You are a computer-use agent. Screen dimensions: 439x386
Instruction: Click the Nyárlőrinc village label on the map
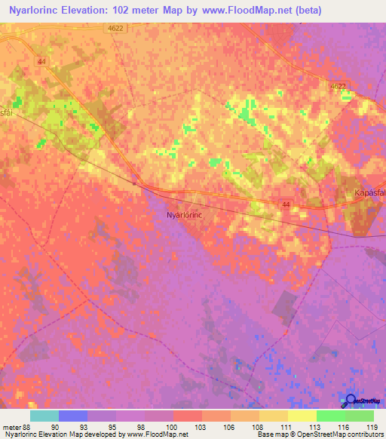tap(185, 215)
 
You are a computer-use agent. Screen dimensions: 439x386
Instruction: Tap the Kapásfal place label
tap(369, 193)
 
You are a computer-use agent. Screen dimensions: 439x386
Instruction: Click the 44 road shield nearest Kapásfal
tap(286, 204)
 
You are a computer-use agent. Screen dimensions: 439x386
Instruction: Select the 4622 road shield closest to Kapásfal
tap(338, 87)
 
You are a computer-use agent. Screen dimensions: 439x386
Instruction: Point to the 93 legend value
tap(87, 427)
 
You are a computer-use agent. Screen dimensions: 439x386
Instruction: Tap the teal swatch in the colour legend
tap(44, 416)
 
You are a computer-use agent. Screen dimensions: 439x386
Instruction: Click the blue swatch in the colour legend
tap(72, 416)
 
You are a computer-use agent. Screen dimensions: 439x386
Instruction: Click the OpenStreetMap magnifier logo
tap(350, 401)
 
